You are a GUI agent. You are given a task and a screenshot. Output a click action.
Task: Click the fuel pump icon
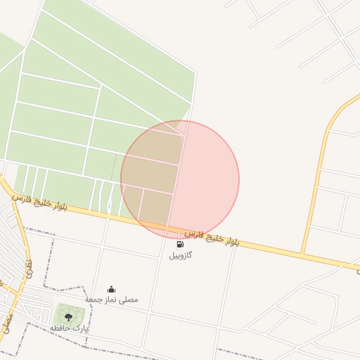point(181,245)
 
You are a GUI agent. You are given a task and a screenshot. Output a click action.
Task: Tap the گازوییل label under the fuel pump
point(181,255)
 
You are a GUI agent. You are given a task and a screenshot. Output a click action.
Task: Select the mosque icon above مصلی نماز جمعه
point(111,289)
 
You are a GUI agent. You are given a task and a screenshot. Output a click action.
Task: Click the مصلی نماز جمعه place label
point(111,300)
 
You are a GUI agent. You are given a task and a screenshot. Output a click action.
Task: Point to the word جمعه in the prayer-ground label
point(94,300)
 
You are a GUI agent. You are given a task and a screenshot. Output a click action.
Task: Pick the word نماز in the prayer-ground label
point(111,300)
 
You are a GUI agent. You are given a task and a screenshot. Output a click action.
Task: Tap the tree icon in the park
point(68,317)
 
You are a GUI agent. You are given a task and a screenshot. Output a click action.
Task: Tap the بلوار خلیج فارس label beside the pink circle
point(212,237)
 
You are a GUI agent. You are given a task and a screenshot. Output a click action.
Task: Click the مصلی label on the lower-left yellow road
point(7,323)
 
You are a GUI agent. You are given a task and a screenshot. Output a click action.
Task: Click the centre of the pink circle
point(180,179)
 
